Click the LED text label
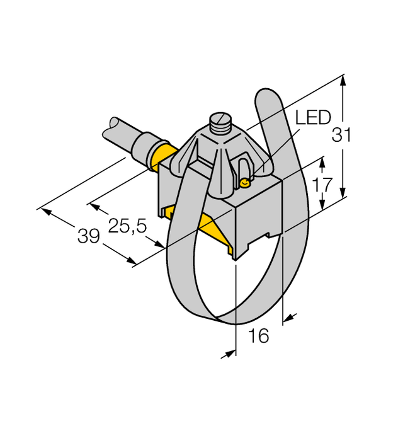coord(314,118)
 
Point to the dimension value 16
coord(258,336)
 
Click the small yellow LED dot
coord(245,183)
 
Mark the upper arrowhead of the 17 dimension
coord(322,162)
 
